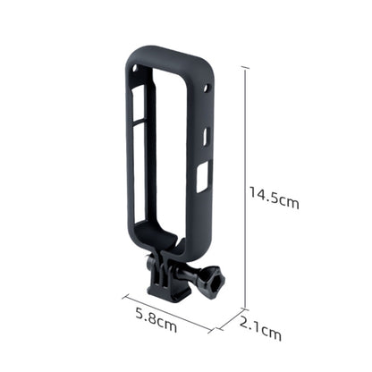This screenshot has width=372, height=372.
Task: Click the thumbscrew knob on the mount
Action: [x=216, y=279]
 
